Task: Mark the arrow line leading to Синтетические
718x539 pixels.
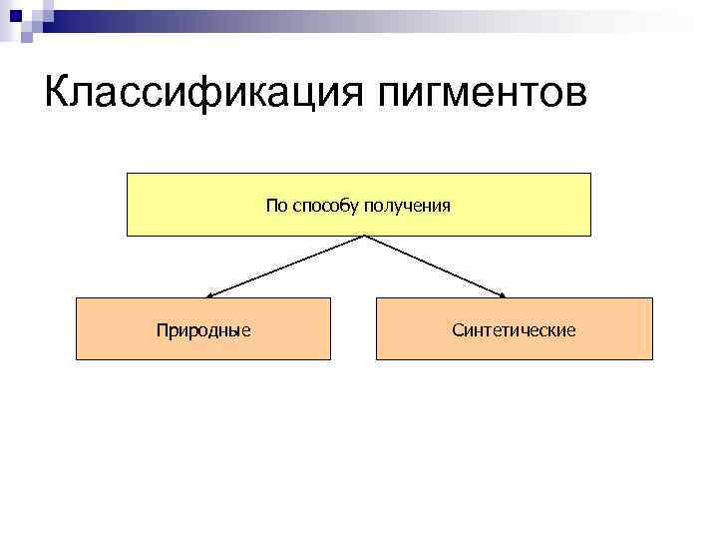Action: [434, 265]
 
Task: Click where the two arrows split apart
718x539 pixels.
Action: [364, 237]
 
